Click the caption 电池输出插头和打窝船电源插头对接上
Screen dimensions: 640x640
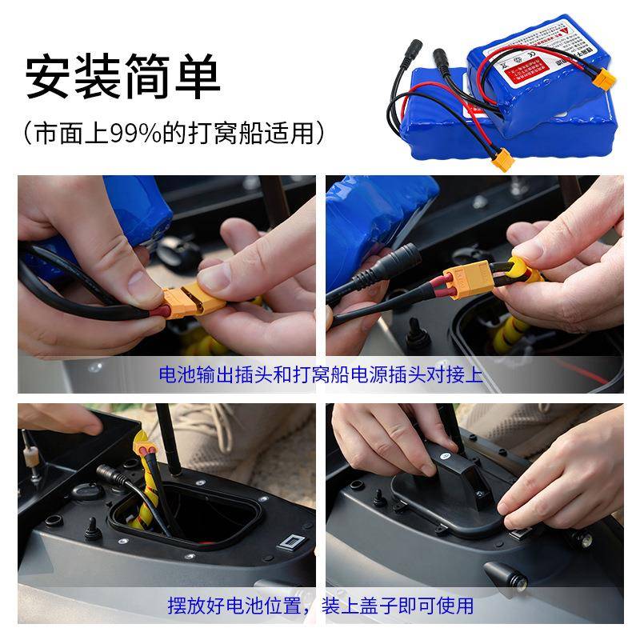tap(321, 374)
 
